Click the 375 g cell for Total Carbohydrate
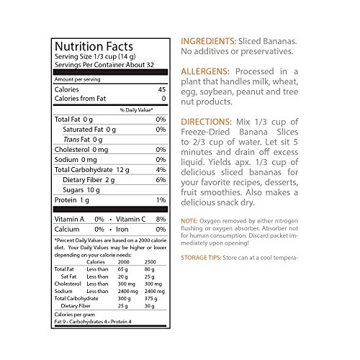tap(151, 295)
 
